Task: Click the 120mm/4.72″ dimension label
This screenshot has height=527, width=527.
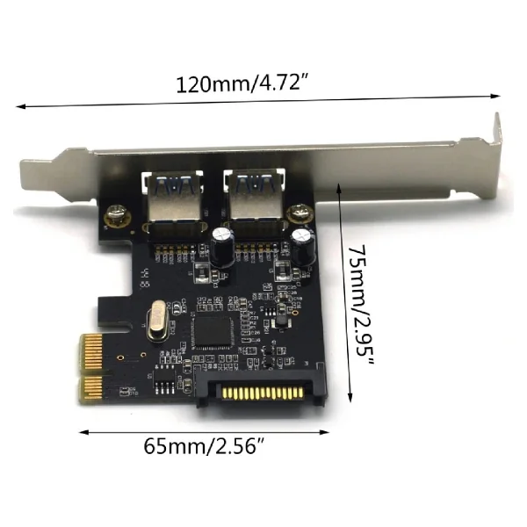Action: click(x=242, y=83)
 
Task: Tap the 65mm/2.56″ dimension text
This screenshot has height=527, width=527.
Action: click(x=205, y=446)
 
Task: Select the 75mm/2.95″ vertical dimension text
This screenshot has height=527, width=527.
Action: click(x=360, y=306)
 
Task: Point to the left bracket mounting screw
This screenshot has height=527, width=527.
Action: click(x=116, y=215)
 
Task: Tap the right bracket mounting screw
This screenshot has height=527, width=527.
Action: click(x=299, y=213)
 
